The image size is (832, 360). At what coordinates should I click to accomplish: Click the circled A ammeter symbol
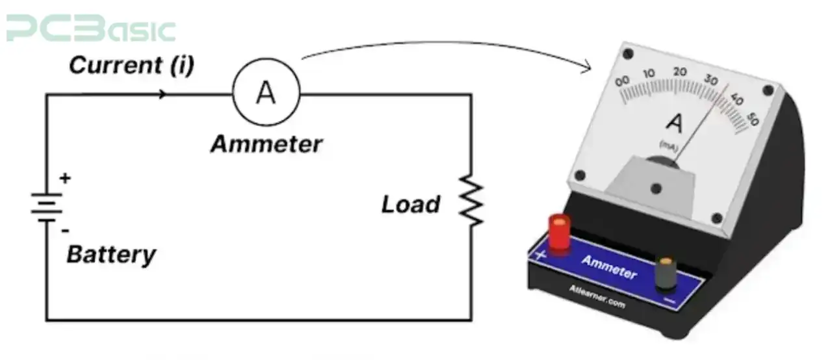coord(266,94)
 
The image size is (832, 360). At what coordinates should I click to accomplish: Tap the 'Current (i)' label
coord(131,66)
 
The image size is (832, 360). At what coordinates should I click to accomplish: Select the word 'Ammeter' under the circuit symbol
coord(266,144)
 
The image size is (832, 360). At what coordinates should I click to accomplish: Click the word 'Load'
coord(410,205)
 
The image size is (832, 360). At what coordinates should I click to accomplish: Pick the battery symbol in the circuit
coord(46,207)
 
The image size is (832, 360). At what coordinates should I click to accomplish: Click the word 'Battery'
coord(111,254)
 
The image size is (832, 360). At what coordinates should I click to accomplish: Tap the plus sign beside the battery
coord(65,178)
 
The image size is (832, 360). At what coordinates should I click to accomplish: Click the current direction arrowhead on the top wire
coord(162,94)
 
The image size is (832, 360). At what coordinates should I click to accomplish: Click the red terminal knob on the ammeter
coord(560,233)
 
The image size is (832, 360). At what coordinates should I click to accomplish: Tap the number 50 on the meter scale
coord(753,119)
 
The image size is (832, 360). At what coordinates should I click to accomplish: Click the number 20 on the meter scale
coord(681,71)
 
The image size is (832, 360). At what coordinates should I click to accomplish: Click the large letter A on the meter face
coord(675,122)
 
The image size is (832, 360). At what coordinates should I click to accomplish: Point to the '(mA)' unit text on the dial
coord(669,145)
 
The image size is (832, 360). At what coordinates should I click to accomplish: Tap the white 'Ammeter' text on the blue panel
coord(609,267)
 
